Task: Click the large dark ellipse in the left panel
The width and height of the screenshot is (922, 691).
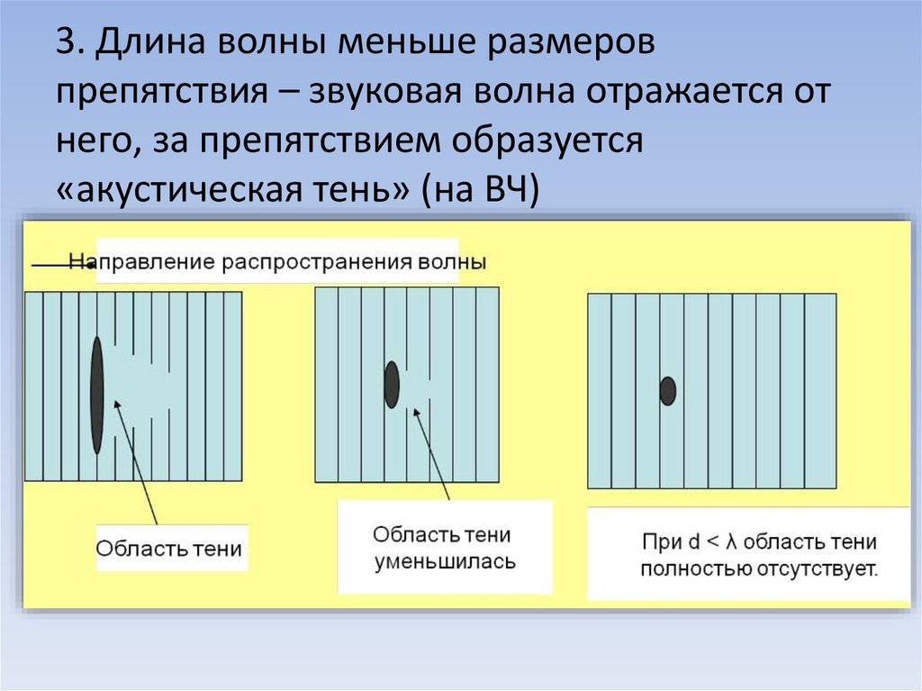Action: [97, 395]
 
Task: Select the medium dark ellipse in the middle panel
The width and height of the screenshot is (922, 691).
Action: [392, 384]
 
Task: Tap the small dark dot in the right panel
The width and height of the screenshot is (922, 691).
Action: [667, 391]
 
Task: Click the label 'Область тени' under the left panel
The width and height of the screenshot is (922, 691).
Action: [169, 549]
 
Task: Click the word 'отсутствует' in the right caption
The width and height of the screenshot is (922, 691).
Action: [818, 569]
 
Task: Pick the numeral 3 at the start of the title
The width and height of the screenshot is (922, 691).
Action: [64, 43]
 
